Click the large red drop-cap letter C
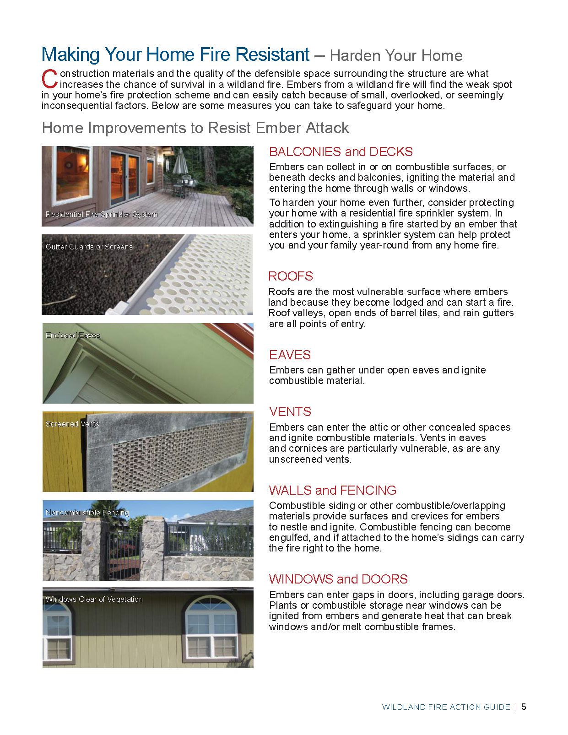click(x=49, y=79)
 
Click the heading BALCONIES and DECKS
click(x=341, y=152)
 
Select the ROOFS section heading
click(x=290, y=276)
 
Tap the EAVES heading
click(x=290, y=355)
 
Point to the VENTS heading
click(x=290, y=412)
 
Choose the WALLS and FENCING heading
click(x=332, y=491)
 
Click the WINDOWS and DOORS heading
click(x=338, y=579)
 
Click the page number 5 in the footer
click(x=524, y=707)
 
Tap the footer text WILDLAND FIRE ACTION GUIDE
click(x=446, y=708)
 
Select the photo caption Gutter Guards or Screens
click(x=89, y=247)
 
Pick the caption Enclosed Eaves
click(x=72, y=335)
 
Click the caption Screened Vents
click(x=72, y=424)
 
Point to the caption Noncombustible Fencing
click(x=87, y=513)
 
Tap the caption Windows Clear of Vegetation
click(x=94, y=600)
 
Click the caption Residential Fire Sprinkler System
click(x=101, y=215)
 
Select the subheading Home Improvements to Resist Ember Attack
click(x=195, y=128)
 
